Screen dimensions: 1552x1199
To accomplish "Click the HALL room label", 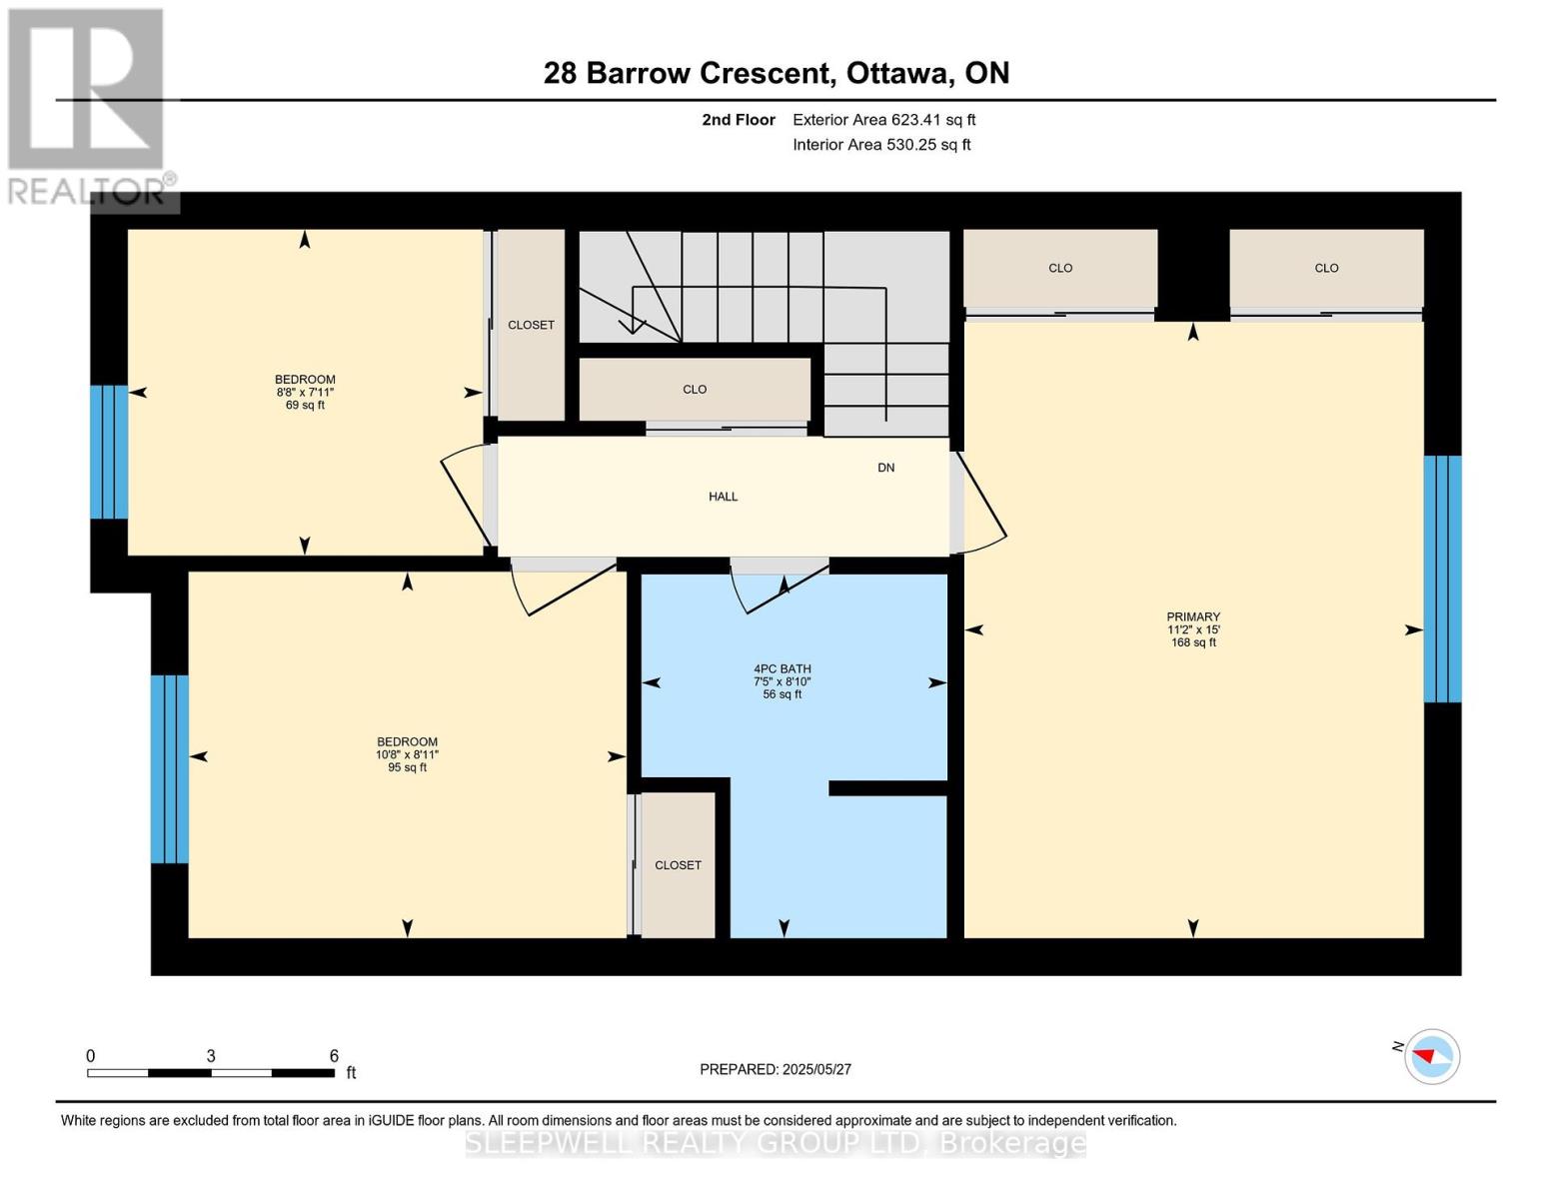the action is click(723, 497).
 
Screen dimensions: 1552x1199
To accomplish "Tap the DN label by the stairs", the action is click(885, 468).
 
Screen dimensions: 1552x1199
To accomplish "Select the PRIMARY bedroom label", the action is click(1193, 616).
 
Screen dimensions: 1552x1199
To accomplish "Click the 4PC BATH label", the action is click(782, 669).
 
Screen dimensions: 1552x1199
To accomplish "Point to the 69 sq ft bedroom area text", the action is click(305, 405).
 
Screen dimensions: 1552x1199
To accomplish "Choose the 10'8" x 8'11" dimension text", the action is click(407, 754).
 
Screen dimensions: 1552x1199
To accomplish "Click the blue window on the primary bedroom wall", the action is click(1442, 579).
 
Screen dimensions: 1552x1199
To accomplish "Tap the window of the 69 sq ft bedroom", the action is click(109, 452).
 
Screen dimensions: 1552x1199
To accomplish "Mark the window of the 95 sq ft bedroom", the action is click(169, 769).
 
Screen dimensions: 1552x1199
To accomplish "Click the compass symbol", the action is click(1431, 1056).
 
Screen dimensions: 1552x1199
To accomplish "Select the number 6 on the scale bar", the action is click(334, 1055).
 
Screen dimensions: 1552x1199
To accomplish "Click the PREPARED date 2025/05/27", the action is click(816, 1069).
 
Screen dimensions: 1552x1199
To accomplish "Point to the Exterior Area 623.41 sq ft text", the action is click(883, 120).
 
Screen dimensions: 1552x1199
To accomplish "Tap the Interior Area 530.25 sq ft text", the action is click(881, 144).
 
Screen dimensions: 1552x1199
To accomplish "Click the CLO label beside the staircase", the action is click(695, 390).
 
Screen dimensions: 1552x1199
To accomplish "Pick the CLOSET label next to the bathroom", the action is click(678, 865).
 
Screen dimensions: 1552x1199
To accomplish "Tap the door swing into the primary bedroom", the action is click(980, 504).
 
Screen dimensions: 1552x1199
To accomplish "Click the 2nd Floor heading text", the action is click(738, 120).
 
